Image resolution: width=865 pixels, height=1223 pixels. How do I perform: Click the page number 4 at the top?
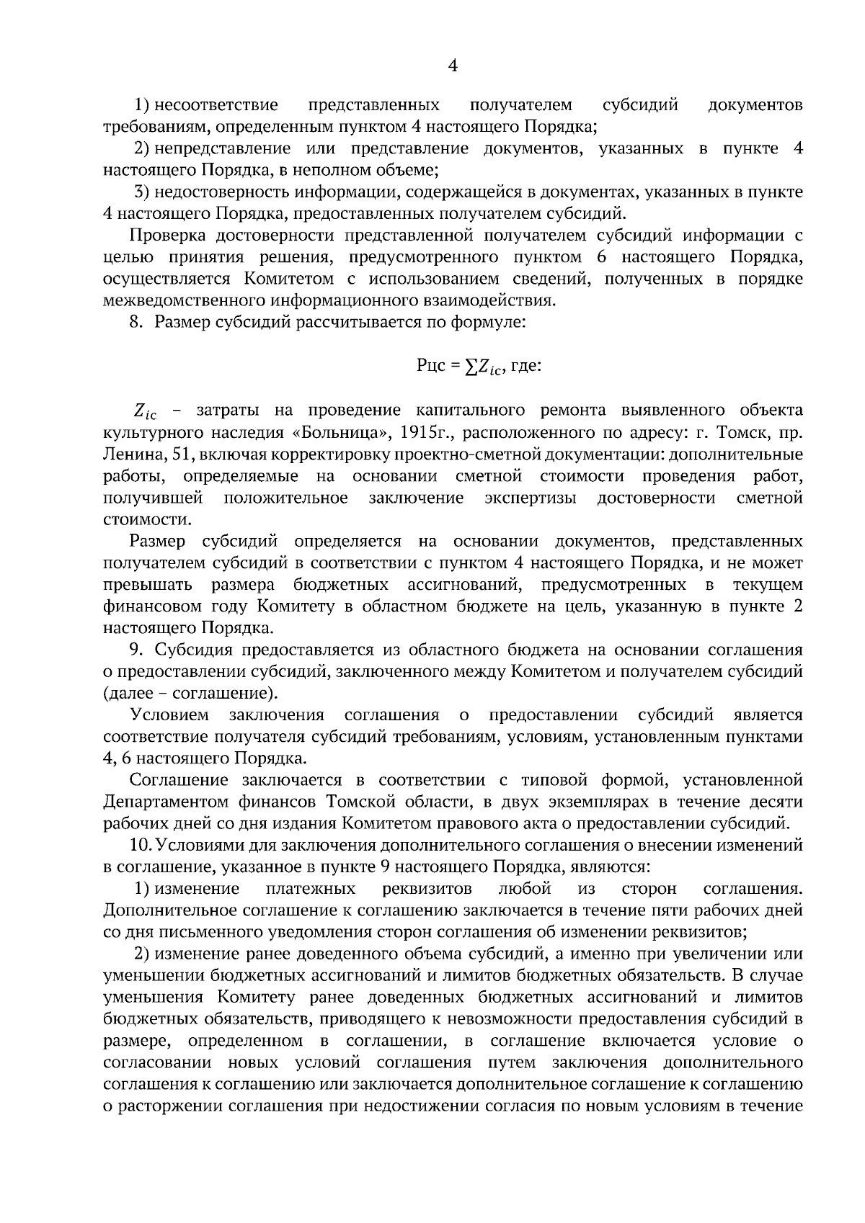(453, 66)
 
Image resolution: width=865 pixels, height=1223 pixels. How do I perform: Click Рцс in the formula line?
(432, 367)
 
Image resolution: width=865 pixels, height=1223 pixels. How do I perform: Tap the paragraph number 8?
(136, 322)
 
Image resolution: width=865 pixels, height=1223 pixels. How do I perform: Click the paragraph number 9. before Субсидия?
(136, 650)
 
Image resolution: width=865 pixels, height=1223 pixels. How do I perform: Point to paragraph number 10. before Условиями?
(141, 844)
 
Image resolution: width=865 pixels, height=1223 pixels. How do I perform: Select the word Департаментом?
(160, 801)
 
